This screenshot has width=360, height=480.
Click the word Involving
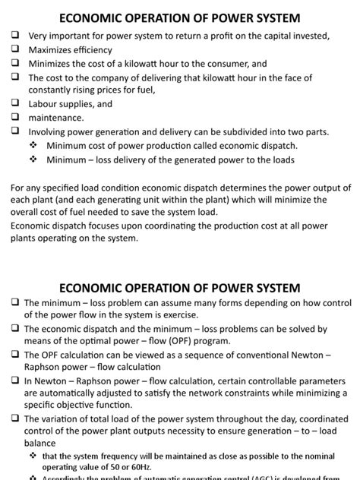[49, 132]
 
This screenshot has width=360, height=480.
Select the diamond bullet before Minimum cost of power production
[33, 146]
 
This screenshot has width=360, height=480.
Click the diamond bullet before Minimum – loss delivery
[33, 160]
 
